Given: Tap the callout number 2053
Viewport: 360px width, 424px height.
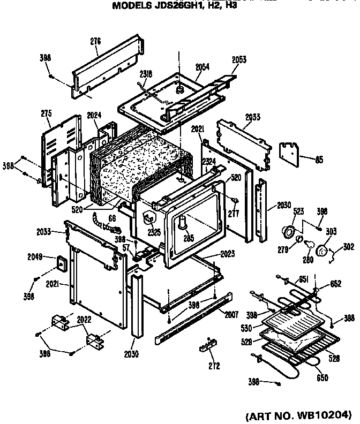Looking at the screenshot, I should coord(239,60).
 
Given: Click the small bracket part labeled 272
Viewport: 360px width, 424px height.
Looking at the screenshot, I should coord(207,344).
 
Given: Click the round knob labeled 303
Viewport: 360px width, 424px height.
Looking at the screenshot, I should coord(324,249).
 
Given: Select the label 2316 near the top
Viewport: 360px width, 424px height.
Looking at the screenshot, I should coord(146,74).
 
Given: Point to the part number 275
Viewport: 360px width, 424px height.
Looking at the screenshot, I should coord(46,113).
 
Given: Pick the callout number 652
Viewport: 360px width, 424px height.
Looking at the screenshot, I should coord(335,284).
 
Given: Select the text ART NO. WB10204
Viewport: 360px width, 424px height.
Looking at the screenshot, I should coord(301,414).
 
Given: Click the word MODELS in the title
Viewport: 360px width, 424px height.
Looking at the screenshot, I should coord(131,7).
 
